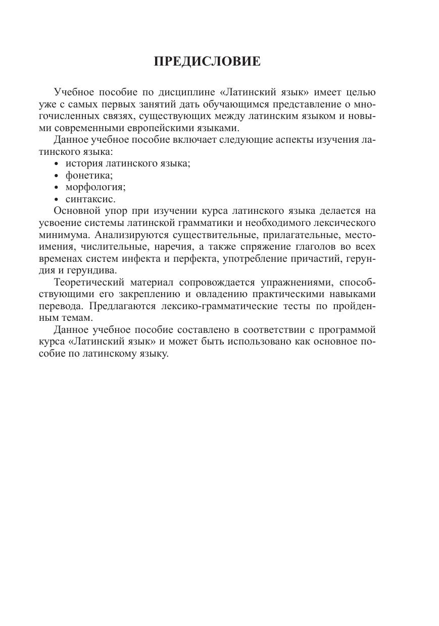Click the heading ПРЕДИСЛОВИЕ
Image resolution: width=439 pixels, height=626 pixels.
pyautogui.click(x=207, y=62)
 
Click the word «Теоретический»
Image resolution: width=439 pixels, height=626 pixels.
pyautogui.click(x=88, y=282)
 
